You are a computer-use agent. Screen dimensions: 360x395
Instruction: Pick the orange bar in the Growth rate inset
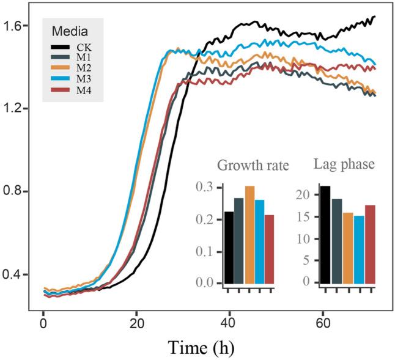pos(249,235)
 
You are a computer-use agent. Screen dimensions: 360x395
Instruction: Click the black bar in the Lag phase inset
pos(325,235)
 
